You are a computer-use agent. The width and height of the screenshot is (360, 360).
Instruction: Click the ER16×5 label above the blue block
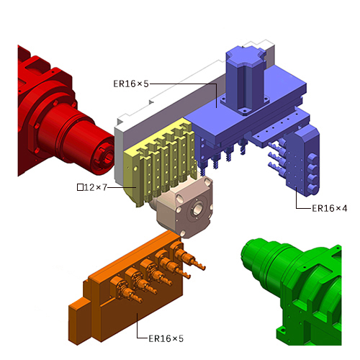[x=131, y=84]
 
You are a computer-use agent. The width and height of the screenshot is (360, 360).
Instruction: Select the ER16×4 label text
[x=330, y=208]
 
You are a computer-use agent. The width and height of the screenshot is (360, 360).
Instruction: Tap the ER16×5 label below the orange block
[x=166, y=338]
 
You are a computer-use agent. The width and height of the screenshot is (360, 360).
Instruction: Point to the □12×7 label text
[x=92, y=187]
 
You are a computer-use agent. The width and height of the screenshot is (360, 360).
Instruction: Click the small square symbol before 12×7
[x=80, y=187]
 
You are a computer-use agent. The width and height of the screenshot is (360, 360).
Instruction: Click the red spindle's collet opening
[x=107, y=157]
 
